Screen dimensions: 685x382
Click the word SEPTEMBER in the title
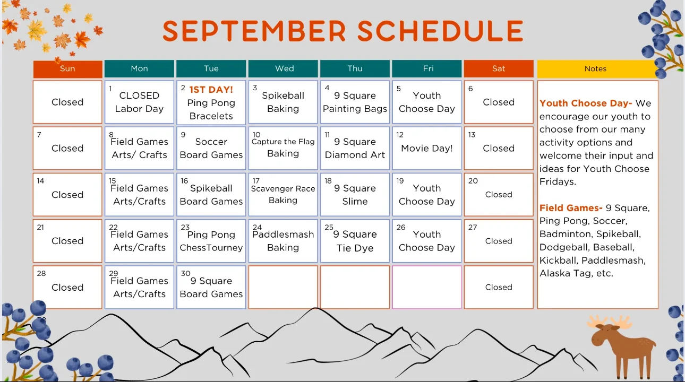click(254, 31)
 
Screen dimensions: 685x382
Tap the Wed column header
click(283, 68)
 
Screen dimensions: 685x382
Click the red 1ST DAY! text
click(211, 90)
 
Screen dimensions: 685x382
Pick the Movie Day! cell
click(426, 148)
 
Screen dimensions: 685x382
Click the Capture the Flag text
click(283, 142)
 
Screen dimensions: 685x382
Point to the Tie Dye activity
click(355, 248)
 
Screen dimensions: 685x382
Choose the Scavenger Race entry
click(283, 189)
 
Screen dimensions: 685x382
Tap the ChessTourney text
click(211, 248)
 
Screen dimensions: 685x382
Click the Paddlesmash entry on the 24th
click(283, 235)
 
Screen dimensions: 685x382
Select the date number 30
click(186, 273)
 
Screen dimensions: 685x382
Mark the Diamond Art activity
click(355, 155)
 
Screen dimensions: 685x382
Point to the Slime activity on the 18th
click(355, 202)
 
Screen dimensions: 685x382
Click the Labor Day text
click(139, 109)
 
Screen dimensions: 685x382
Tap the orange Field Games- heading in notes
click(571, 208)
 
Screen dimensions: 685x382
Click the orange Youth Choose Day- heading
click(586, 103)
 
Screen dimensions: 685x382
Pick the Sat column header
click(499, 68)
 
